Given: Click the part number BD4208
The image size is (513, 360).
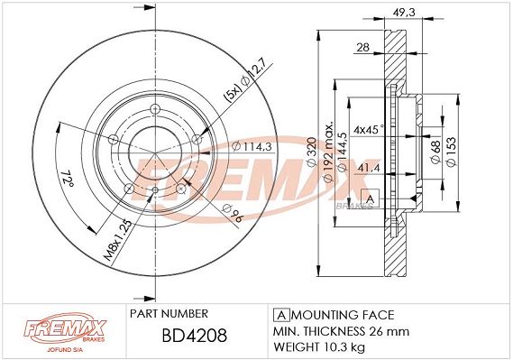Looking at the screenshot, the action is click(195, 335).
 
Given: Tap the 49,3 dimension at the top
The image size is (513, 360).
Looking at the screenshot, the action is click(403, 12).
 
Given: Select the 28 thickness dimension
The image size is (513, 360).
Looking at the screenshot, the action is click(362, 47).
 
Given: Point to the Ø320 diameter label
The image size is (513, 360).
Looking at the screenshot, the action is click(312, 152).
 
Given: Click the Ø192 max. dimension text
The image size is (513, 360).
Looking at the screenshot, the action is click(328, 152).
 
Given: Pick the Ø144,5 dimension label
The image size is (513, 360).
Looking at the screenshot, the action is click(342, 152).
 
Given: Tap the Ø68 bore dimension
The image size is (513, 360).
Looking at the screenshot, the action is click(435, 152).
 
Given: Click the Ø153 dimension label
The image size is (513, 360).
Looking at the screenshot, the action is click(451, 152).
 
